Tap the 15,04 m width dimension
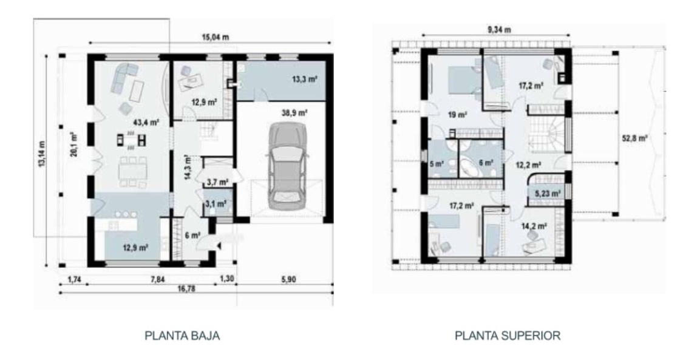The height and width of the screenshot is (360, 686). (x=211, y=37)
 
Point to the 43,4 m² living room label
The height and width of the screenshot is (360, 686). (x=146, y=121)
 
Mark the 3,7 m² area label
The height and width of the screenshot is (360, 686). (x=217, y=182)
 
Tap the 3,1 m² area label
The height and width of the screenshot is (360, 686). (x=217, y=204)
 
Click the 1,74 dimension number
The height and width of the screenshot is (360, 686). (x=73, y=280)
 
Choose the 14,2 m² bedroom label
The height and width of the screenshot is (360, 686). (x=534, y=226)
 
